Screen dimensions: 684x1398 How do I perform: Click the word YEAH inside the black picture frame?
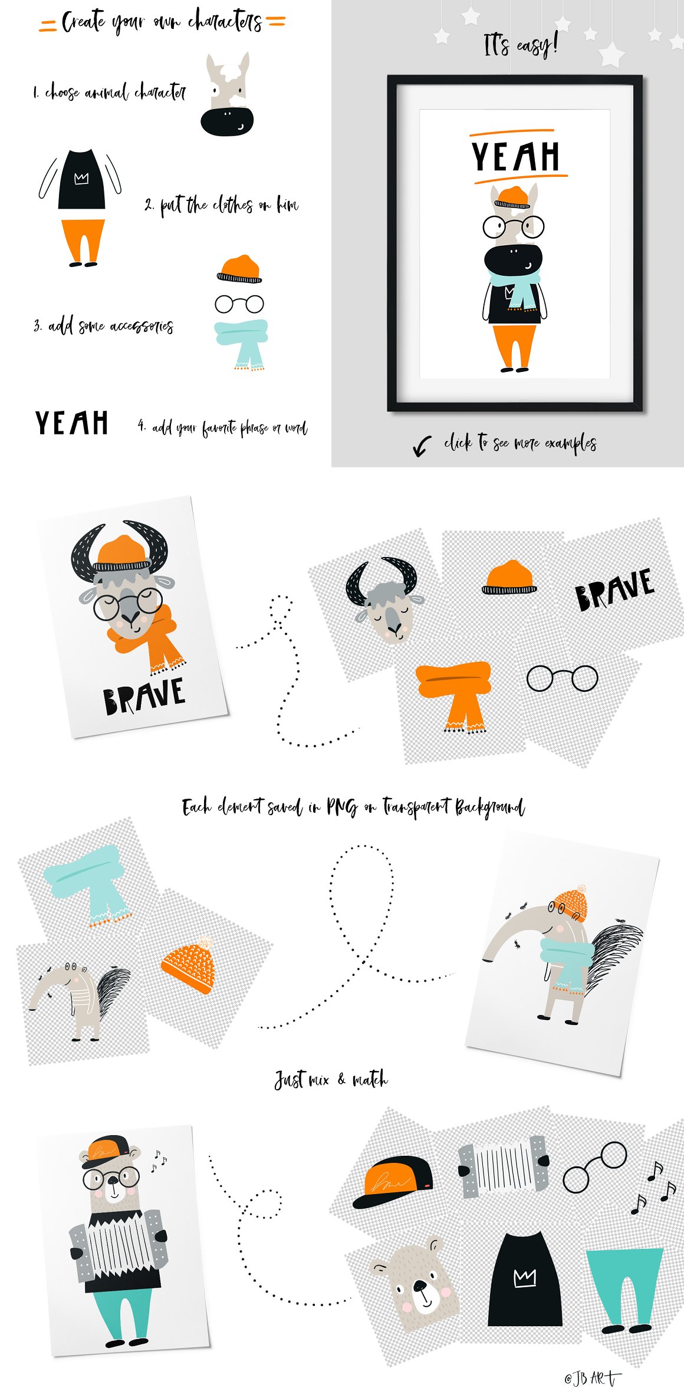tap(515, 156)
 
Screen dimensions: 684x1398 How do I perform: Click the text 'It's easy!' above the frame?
tap(520, 45)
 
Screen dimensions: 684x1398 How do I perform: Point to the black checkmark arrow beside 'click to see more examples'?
tap(421, 446)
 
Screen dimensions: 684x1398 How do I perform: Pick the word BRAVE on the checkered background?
tap(615, 589)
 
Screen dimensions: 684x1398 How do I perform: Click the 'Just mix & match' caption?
tap(331, 1080)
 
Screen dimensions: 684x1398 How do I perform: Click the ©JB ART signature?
tap(591, 1378)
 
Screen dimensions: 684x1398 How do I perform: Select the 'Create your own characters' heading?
tap(162, 21)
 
